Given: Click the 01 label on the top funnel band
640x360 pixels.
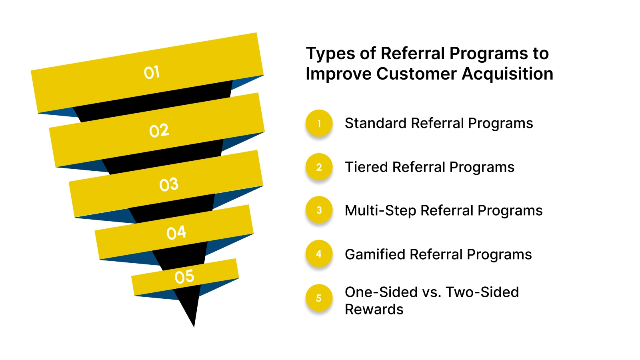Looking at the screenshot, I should point(152,73).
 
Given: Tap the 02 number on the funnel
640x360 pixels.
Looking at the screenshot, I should point(159,131).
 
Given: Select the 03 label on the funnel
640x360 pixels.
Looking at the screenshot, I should point(169,184).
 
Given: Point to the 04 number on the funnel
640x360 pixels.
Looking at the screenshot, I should point(176,233).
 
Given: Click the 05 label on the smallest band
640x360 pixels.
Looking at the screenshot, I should point(184,277).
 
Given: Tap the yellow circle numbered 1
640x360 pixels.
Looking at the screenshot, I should point(319,124).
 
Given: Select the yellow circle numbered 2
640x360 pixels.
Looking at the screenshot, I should point(319,167).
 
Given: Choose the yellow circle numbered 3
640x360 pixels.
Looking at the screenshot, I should point(319,210).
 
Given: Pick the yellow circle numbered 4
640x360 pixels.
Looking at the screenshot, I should point(319,254).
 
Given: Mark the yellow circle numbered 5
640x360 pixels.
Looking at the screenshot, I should point(319,298).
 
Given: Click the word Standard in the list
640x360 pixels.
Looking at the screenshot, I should point(376,123).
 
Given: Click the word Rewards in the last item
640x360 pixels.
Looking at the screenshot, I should point(374,310).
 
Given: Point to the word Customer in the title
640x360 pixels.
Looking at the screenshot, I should point(416,74).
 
